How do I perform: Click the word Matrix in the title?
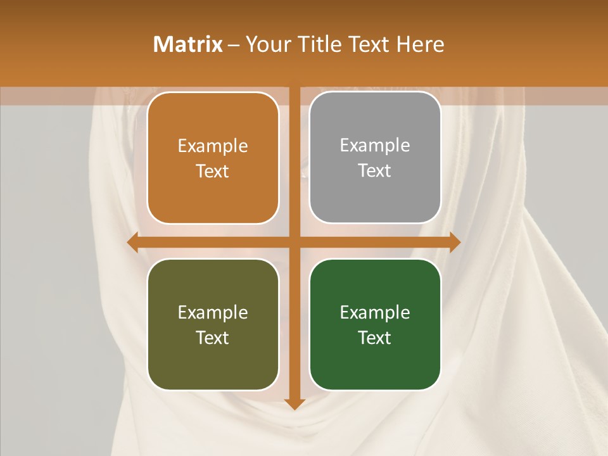[188, 44]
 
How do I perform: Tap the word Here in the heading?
[421, 44]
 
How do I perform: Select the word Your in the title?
[267, 44]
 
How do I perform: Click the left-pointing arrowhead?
[133, 242]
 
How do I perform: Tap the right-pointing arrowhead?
[455, 242]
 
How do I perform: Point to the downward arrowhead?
[294, 403]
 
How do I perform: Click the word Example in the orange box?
[213, 146]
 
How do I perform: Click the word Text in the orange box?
[213, 171]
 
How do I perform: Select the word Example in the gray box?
[375, 146]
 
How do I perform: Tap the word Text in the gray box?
[375, 170]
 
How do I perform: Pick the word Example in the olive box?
[213, 313]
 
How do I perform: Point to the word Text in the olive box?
[213, 338]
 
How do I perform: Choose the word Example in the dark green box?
[375, 313]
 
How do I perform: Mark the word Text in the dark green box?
[375, 338]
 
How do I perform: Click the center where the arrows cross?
[294, 242]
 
